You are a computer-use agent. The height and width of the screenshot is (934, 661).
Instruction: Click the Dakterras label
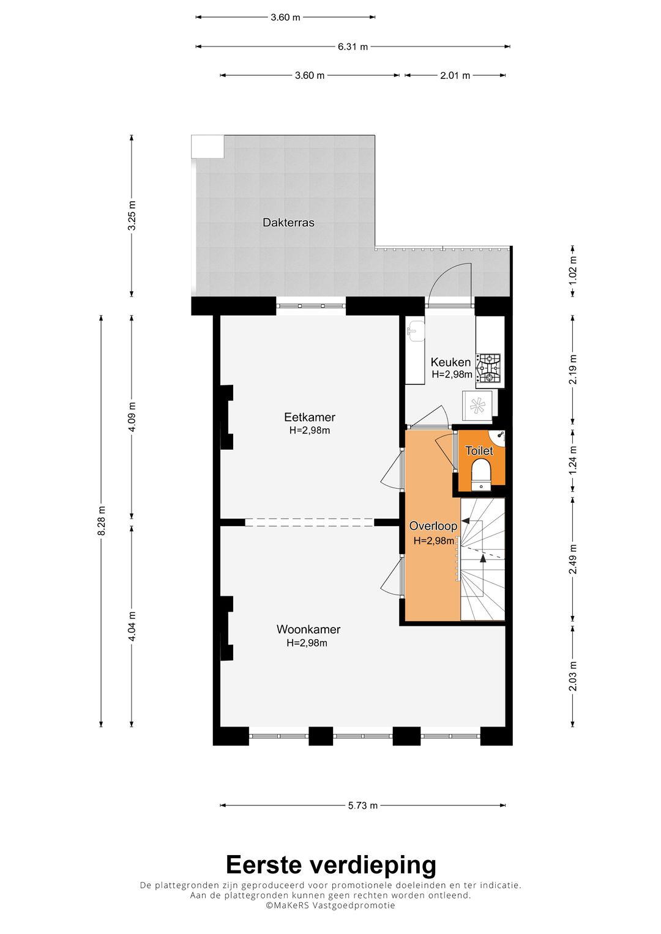coord(288,222)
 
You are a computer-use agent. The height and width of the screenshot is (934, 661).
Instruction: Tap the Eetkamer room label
coord(310,417)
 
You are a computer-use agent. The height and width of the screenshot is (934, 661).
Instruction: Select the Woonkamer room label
coord(308,629)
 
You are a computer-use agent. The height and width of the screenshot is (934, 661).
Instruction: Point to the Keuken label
coord(450,362)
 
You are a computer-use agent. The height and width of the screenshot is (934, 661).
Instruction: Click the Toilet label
coord(479,450)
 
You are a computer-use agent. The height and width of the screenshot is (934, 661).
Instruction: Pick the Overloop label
coord(433,526)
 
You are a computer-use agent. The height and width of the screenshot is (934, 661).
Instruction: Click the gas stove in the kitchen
coord(489,369)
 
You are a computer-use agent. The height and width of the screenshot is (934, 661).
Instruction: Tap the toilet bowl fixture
coord(481,475)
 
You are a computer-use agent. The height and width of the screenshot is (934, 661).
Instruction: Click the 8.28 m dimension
coord(101,522)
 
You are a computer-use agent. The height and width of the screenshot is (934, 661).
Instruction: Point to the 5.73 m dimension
coord(362,805)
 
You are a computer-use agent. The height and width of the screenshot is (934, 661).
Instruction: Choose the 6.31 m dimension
coord(353,46)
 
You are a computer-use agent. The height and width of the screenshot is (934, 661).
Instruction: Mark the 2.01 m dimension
coord(455,75)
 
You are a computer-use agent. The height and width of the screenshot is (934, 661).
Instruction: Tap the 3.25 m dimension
coord(132,215)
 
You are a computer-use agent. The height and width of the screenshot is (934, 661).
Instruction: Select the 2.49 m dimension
coord(572,558)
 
